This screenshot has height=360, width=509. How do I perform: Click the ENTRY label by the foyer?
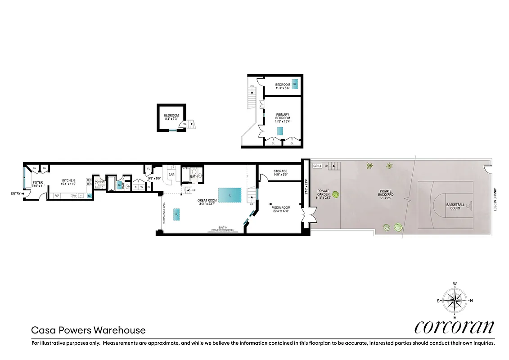click(15, 193)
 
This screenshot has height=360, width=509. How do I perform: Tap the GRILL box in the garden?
click(317, 166)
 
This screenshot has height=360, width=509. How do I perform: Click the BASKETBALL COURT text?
click(455, 206)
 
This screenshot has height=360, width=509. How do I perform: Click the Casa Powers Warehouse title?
click(88, 330)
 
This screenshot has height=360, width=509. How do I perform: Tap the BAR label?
click(171, 175)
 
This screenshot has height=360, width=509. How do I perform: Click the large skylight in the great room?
click(230, 195)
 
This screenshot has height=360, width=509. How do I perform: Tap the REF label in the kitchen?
click(57, 196)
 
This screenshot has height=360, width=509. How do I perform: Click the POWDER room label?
click(99, 182)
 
